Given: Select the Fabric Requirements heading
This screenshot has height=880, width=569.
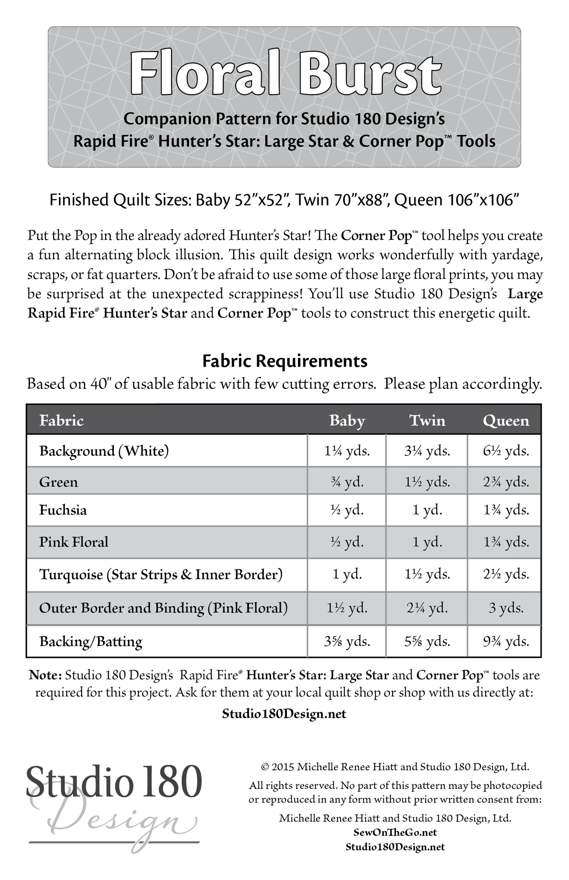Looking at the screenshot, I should (x=285, y=361).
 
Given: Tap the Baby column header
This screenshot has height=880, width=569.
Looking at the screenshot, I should (x=347, y=420).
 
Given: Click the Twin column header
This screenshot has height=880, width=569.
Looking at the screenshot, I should (x=427, y=420).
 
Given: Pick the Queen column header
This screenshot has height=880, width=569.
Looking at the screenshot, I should (x=506, y=420).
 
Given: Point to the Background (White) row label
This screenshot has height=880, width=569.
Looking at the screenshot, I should (x=104, y=451).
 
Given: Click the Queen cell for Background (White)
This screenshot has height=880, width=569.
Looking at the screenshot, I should (x=506, y=451).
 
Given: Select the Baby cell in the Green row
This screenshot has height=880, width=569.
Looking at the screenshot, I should (x=347, y=482).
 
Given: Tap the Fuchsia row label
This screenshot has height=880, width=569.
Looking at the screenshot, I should (x=63, y=510).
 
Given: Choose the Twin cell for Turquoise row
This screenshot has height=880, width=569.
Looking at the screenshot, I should (x=427, y=574).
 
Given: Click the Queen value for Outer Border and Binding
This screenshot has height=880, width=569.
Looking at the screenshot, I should (x=506, y=608).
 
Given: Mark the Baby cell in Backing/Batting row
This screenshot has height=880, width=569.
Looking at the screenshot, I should (x=347, y=642).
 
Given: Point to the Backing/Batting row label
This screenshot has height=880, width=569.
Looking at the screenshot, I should (x=91, y=642).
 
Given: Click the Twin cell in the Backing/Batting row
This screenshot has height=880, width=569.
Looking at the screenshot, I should (x=427, y=642).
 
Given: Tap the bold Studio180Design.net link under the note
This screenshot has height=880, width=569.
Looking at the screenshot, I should (x=284, y=714).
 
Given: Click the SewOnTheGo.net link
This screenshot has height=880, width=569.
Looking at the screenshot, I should (x=395, y=832).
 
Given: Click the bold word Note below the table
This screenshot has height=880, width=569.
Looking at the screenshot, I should (x=46, y=675).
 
